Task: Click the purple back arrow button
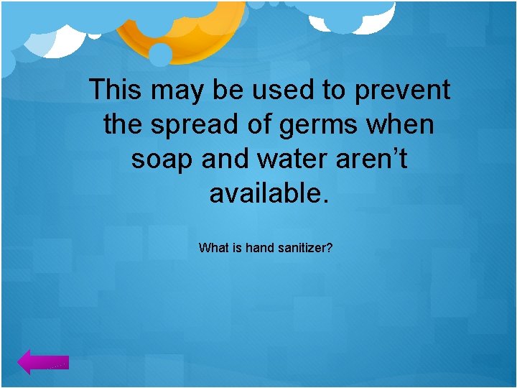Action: tap(43, 363)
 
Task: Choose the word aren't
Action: tap(372, 159)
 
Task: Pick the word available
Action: tap(269, 193)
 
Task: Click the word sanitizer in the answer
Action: tap(305, 248)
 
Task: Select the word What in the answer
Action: tap(214, 248)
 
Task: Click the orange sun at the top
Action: tap(180, 29)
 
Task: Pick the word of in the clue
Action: tap(252, 125)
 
